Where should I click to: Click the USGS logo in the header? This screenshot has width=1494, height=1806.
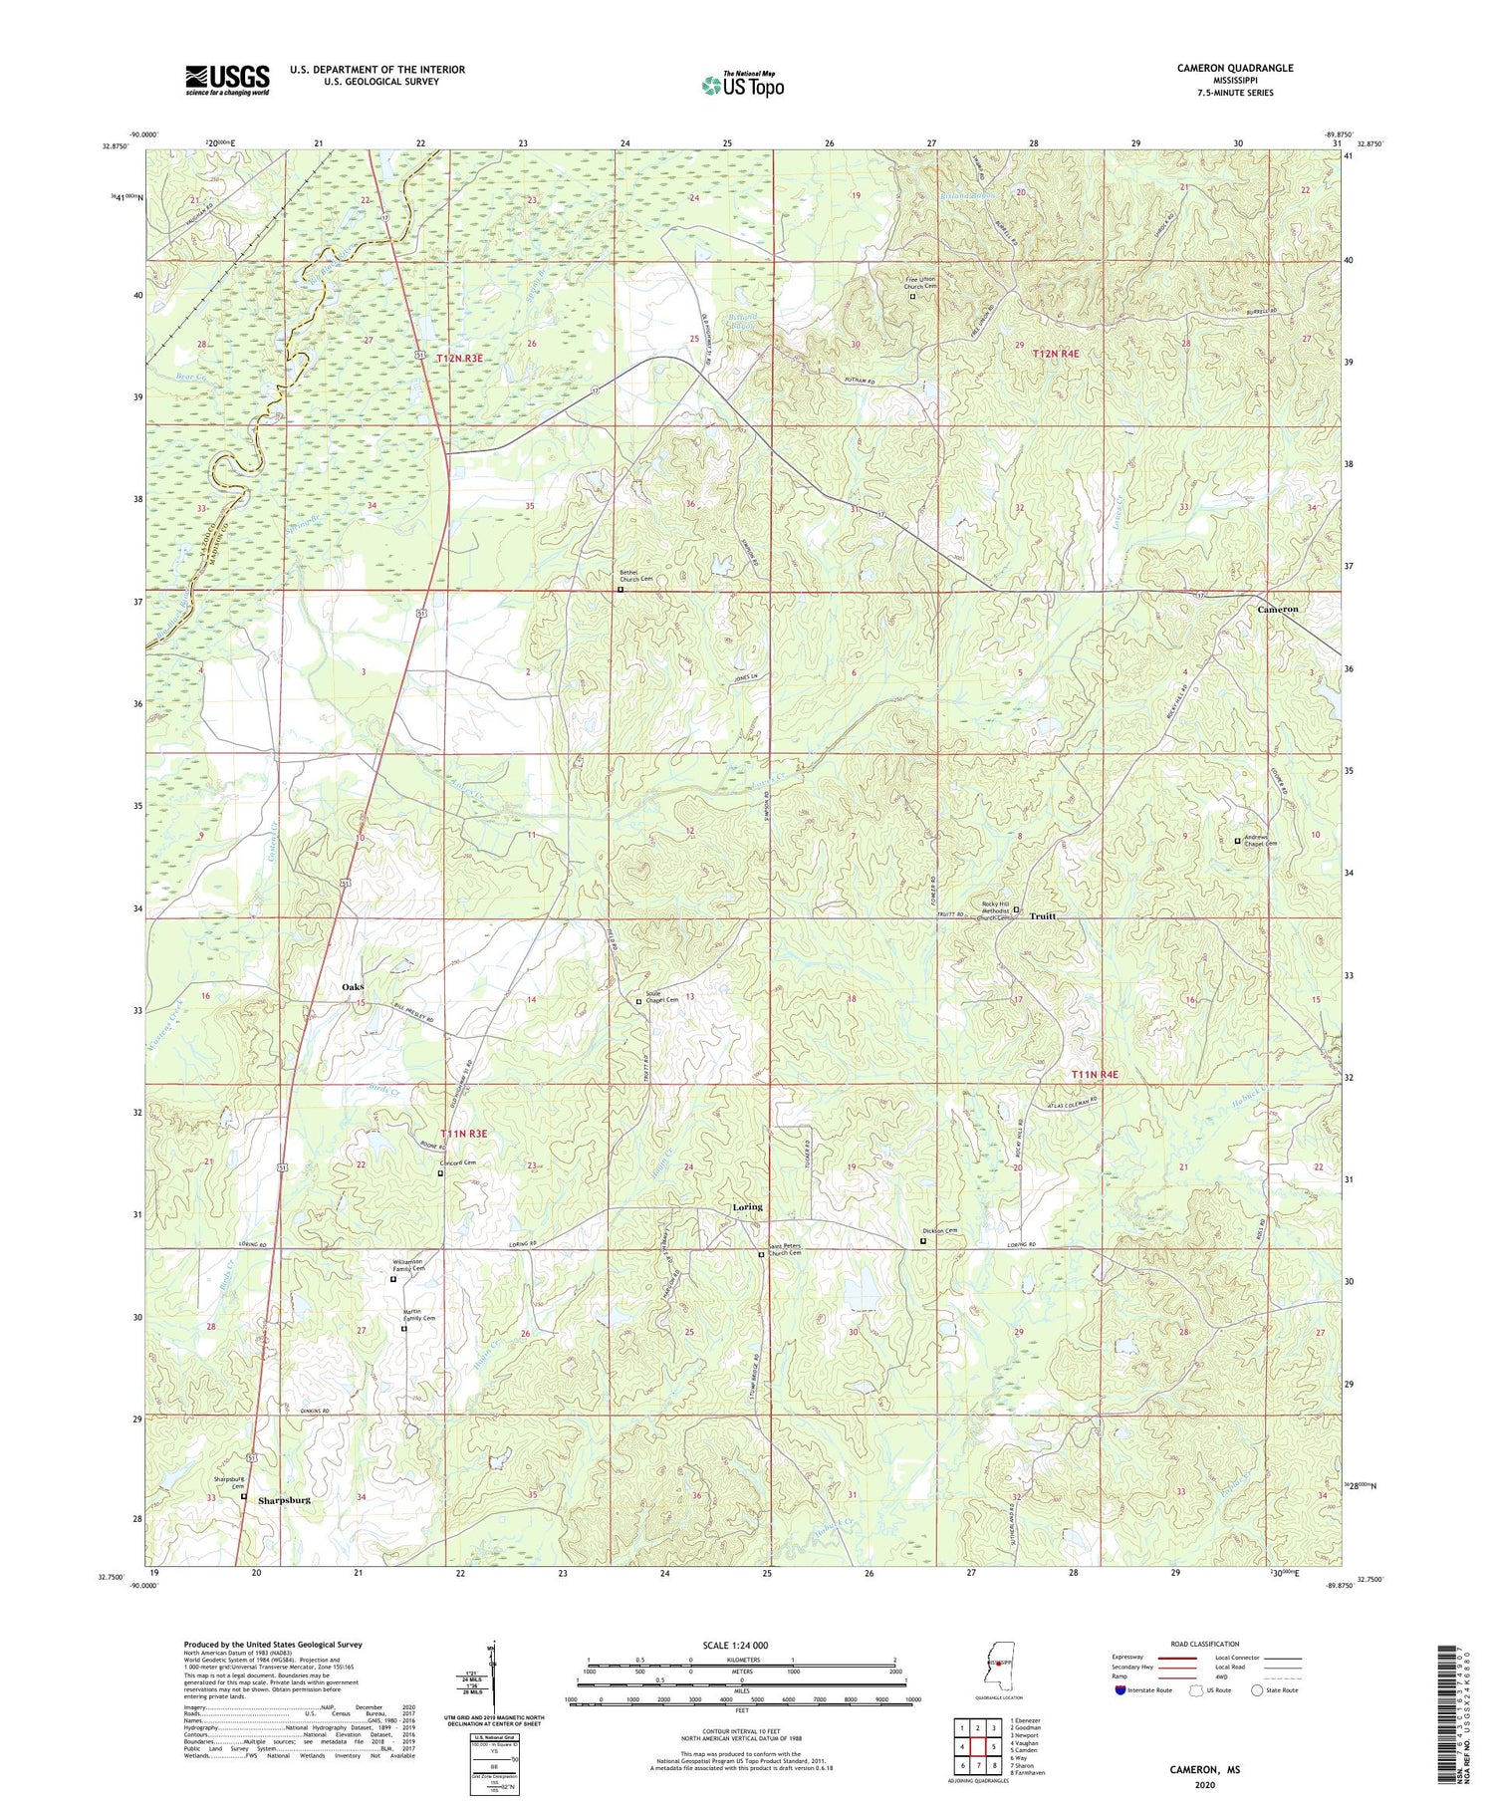(227, 80)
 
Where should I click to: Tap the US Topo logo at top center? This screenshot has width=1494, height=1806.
(742, 85)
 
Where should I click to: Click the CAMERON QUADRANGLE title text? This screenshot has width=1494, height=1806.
(1235, 68)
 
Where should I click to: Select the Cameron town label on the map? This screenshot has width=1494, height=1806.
(1277, 609)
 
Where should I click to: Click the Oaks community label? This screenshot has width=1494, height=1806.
(353, 986)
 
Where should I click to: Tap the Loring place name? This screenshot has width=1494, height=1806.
(747, 1206)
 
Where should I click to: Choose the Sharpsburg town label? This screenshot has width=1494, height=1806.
(284, 1499)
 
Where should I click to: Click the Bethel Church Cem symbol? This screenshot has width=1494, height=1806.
(621, 590)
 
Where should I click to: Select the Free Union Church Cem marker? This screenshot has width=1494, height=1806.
(912, 296)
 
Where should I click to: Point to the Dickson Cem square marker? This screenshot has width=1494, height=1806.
(922, 1241)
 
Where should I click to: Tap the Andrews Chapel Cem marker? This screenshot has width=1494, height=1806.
(1238, 842)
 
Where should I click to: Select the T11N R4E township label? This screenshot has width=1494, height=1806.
(1095, 1074)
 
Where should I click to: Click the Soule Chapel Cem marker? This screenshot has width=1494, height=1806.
(638, 1002)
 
